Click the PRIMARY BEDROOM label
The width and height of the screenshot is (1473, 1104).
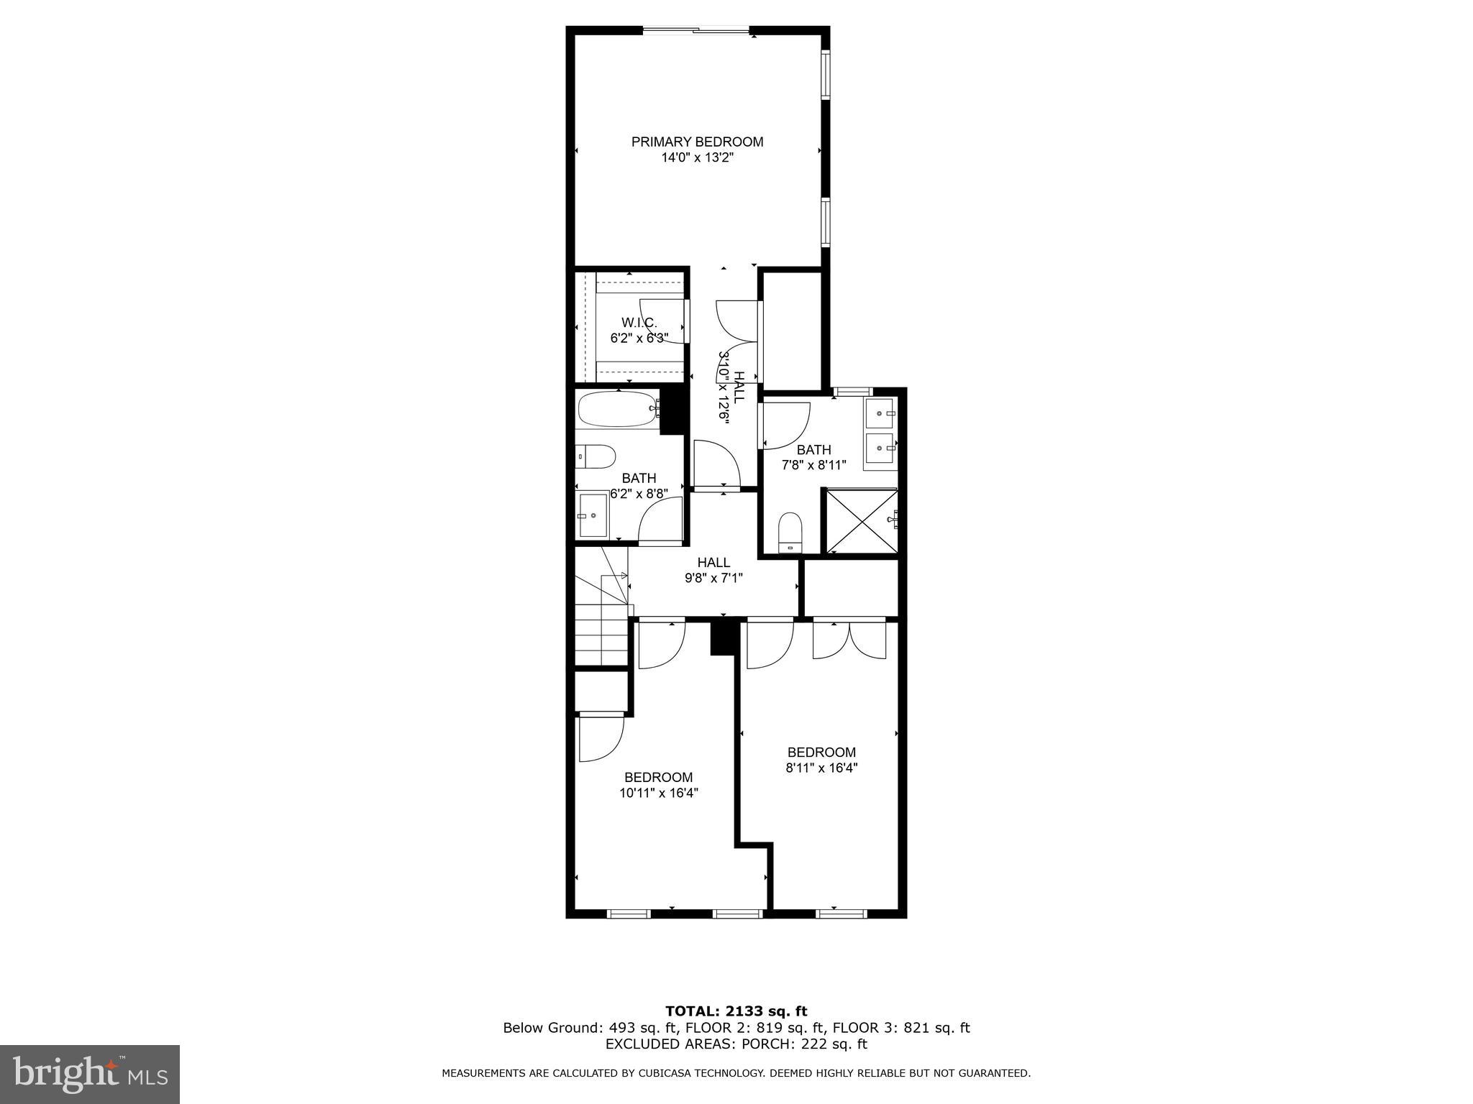[697, 142]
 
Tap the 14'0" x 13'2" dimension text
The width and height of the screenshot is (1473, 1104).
[697, 158]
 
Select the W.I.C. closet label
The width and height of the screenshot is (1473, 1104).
[639, 323]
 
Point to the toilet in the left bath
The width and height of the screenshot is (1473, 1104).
[596, 456]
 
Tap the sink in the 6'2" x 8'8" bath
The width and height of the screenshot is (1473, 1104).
[593, 515]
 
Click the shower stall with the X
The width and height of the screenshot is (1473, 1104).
[861, 521]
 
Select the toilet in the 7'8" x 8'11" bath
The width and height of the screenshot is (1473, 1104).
[790, 531]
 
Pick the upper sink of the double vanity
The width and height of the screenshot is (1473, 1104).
[880, 414]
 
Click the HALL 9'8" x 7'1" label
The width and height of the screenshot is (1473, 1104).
[713, 570]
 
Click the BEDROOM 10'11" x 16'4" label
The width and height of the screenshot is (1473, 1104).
[658, 785]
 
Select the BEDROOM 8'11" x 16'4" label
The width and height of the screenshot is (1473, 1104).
[821, 760]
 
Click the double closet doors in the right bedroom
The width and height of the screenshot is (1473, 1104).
[849, 639]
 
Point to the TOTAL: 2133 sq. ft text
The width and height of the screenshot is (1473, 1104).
[736, 1011]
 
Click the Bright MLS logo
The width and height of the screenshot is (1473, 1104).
[90, 1075]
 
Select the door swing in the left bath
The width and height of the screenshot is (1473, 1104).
[660, 520]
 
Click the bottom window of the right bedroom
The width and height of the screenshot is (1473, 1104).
[841, 914]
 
